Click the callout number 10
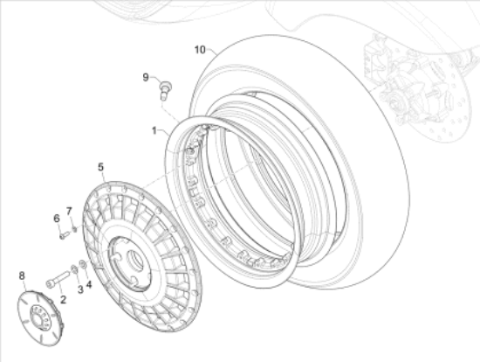click(x=200, y=49)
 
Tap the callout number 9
click(x=146, y=77)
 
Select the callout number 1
click(x=154, y=130)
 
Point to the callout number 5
click(x=101, y=167)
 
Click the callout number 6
click(x=57, y=219)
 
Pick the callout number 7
click(x=69, y=211)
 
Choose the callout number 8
click(x=22, y=275)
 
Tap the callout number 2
click(x=63, y=299)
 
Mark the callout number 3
click(x=80, y=289)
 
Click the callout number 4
click(x=89, y=284)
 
